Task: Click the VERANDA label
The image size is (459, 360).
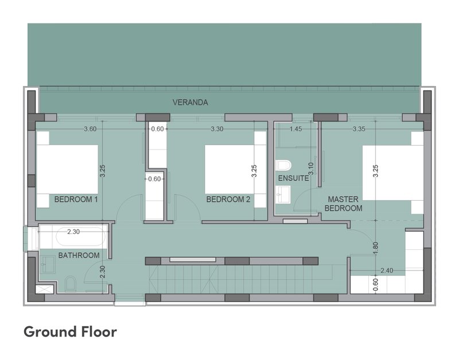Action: pyautogui.click(x=190, y=103)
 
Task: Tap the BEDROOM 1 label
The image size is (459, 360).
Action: pyautogui.click(x=76, y=199)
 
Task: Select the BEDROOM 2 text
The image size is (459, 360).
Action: pyautogui.click(x=228, y=199)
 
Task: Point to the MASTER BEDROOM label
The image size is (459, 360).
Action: pyautogui.click(x=343, y=204)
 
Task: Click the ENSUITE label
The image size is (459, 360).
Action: pyautogui.click(x=293, y=178)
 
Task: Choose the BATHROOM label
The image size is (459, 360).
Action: pyautogui.click(x=79, y=255)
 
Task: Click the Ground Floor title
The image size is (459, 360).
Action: pyautogui.click(x=70, y=332)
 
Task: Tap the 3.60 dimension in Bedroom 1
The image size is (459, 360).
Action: pyautogui.click(x=90, y=129)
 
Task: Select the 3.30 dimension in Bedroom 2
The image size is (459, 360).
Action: pyautogui.click(x=217, y=129)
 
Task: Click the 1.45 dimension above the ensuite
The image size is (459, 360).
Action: pyautogui.click(x=295, y=129)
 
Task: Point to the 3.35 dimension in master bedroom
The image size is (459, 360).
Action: pyautogui.click(x=359, y=129)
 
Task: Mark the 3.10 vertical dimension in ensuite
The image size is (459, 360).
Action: pyautogui.click(x=311, y=169)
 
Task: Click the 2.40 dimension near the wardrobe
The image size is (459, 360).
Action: pyautogui.click(x=387, y=271)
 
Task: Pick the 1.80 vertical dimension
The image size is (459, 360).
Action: pyautogui.click(x=376, y=248)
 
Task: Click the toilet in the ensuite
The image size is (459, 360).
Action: pyautogui.click(x=283, y=165)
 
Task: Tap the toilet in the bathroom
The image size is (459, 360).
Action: pyautogui.click(x=71, y=284)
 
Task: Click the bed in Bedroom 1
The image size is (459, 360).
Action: pyautogui.click(x=67, y=170)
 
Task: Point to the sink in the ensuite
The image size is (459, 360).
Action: pyautogui.click(x=283, y=194)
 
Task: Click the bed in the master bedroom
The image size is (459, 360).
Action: pyautogui.click(x=393, y=173)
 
